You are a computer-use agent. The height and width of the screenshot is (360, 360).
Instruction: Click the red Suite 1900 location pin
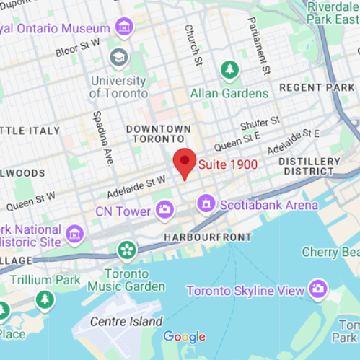[185, 161]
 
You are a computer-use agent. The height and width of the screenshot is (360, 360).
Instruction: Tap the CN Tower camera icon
[164, 211]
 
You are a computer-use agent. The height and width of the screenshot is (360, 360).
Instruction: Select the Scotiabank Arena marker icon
[207, 204]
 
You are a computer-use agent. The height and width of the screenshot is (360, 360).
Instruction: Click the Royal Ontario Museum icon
[125, 28]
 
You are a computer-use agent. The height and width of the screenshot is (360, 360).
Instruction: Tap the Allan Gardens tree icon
[229, 70]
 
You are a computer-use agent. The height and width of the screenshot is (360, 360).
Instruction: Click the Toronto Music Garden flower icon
[127, 250]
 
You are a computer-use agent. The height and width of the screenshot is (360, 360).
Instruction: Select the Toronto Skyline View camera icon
[317, 290]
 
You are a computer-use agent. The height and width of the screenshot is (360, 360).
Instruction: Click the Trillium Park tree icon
[45, 299]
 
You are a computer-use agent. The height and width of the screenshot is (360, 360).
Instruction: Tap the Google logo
[184, 336]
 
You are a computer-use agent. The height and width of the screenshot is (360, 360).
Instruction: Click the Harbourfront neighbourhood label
[208, 237]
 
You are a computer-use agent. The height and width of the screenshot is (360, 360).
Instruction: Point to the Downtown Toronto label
[159, 133]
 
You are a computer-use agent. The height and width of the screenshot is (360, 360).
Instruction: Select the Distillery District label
[309, 166]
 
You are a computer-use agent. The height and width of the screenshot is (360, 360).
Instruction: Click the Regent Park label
[317, 87]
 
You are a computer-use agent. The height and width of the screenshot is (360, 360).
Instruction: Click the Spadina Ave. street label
[102, 137]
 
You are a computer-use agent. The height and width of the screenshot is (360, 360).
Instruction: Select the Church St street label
[193, 45]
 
